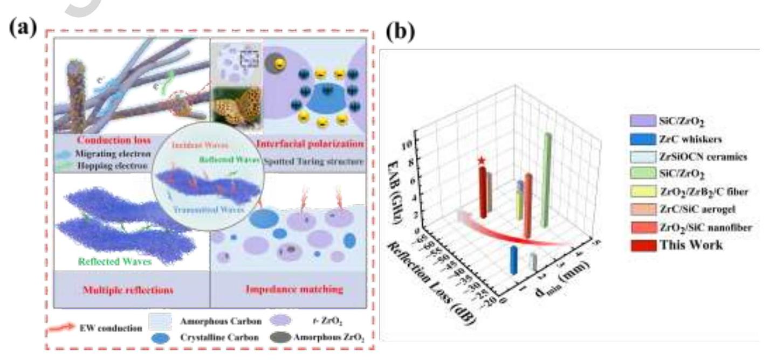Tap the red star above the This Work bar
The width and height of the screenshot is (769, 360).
pos(482,160)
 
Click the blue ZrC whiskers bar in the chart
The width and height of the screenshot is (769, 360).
pos(514,260)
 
